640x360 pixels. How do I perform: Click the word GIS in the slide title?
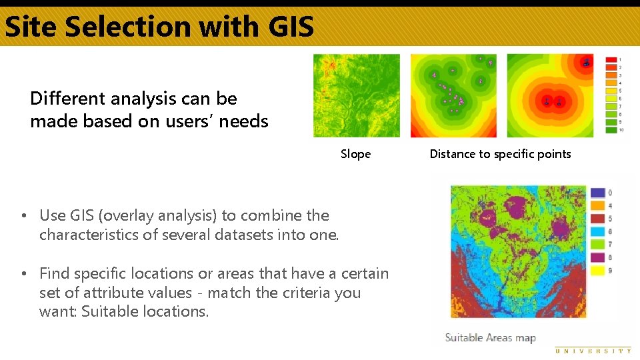(x=291, y=27)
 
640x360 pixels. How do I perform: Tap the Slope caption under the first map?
(x=355, y=154)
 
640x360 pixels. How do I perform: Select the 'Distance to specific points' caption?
(x=500, y=154)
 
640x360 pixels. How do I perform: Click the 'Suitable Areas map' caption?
(x=490, y=338)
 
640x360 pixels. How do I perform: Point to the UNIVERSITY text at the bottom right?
(x=593, y=351)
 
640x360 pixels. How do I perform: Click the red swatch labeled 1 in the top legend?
(x=611, y=60)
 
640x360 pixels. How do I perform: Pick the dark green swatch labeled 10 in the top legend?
(x=611, y=129)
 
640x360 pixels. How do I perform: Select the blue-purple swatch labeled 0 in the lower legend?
(x=597, y=193)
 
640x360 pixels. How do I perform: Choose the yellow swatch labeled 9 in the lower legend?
(x=597, y=271)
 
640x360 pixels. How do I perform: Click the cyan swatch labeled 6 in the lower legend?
(x=597, y=231)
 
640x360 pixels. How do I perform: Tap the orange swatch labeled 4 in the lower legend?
(x=597, y=206)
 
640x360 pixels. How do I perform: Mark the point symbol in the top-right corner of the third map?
(x=585, y=63)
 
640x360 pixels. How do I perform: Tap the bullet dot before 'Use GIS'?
(x=23, y=216)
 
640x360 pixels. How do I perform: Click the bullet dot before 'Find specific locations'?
(x=23, y=274)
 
